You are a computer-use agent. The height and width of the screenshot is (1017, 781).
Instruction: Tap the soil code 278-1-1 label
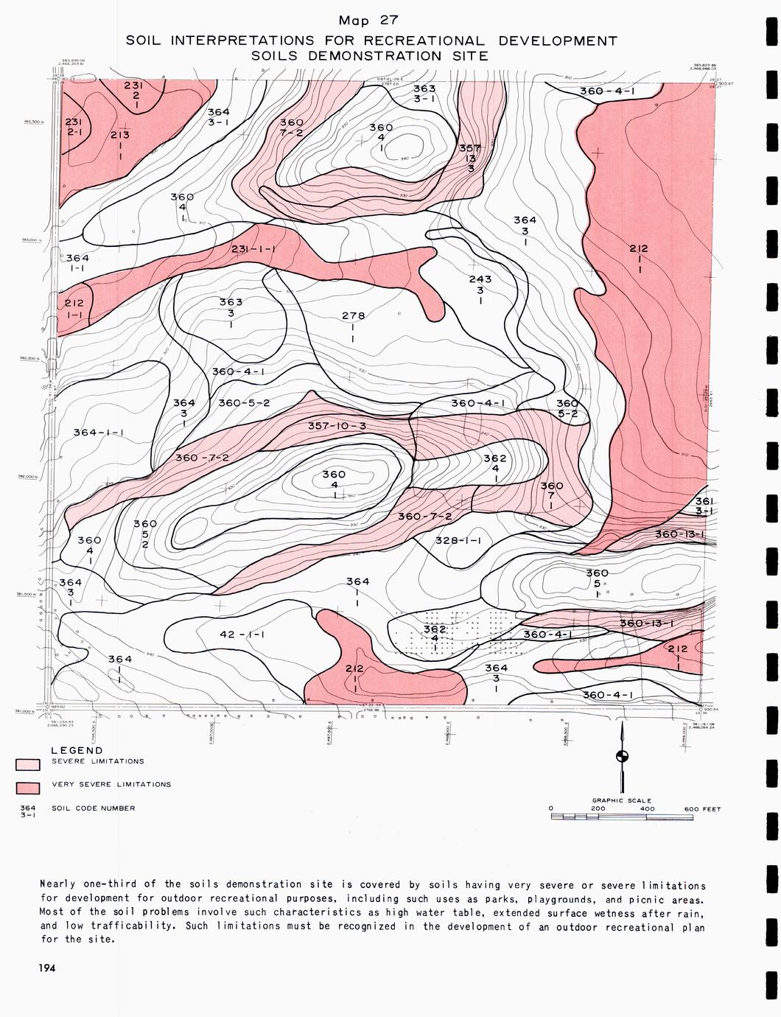click(x=354, y=326)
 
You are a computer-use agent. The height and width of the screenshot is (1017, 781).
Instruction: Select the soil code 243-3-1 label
click(x=480, y=290)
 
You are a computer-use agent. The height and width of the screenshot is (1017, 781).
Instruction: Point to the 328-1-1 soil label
click(x=458, y=540)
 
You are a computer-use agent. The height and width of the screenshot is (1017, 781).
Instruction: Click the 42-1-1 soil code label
click(x=242, y=634)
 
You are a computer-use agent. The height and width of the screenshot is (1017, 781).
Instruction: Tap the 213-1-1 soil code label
click(x=120, y=145)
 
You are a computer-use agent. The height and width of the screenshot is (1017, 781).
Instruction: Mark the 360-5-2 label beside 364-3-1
click(x=244, y=403)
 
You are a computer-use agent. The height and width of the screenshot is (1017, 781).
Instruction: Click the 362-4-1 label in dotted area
click(x=435, y=637)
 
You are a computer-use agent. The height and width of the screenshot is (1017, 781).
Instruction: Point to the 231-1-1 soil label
click(x=253, y=249)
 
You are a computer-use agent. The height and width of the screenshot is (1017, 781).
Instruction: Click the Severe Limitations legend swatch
click(x=28, y=765)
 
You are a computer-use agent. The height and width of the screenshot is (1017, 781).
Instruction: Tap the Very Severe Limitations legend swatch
click(x=28, y=789)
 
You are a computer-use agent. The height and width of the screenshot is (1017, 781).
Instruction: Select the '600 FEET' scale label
click(x=702, y=809)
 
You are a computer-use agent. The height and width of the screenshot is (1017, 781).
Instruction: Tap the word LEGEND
click(x=77, y=750)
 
